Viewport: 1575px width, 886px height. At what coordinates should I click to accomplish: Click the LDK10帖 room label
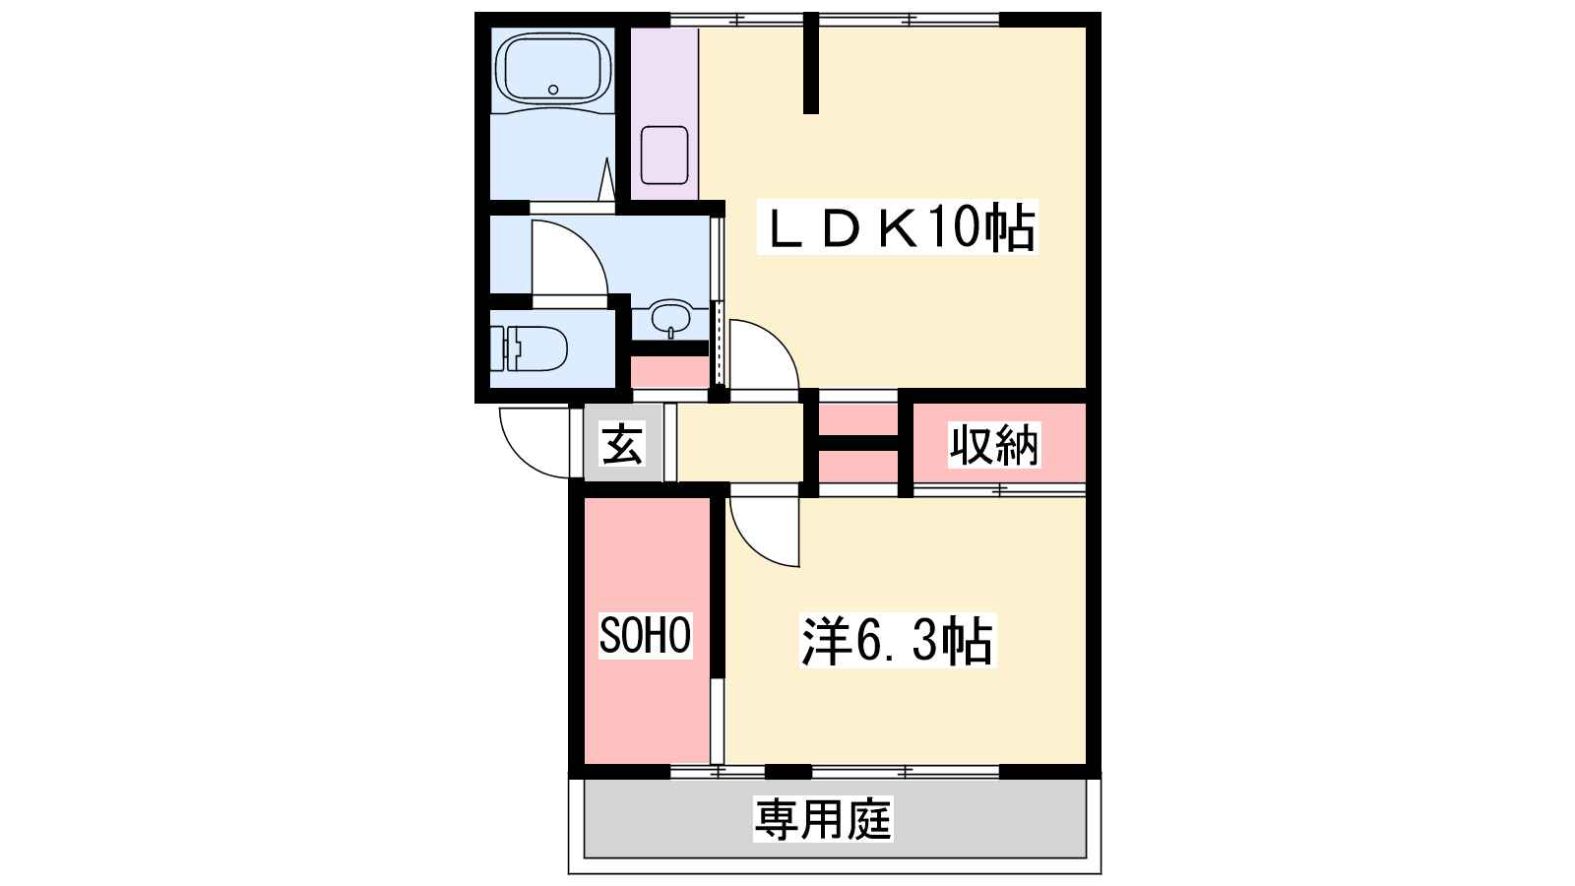pos(897,227)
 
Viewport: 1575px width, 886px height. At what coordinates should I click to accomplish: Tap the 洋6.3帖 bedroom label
pos(898,641)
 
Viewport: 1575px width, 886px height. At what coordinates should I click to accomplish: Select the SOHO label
pos(645,635)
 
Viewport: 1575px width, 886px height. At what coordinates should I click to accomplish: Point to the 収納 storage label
pos(993,445)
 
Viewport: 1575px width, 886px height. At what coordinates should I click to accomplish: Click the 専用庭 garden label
pos(823,819)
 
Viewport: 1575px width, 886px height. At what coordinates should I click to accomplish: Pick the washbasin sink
pos(670,319)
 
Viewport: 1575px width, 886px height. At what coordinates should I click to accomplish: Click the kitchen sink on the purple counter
pos(664,155)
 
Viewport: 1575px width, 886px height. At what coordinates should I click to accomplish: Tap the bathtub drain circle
pos(552,90)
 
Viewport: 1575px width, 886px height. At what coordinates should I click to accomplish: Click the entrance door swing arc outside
pos(521,457)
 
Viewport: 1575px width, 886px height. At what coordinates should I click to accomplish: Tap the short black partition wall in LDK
pos(811,63)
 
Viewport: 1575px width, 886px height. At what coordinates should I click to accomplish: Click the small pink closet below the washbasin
pos(669,372)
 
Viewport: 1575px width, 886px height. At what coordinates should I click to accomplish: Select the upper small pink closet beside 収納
pos(857,419)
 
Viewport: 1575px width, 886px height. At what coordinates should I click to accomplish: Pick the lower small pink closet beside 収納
pos(857,467)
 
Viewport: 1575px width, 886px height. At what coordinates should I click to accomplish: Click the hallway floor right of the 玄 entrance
pos(739,443)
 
